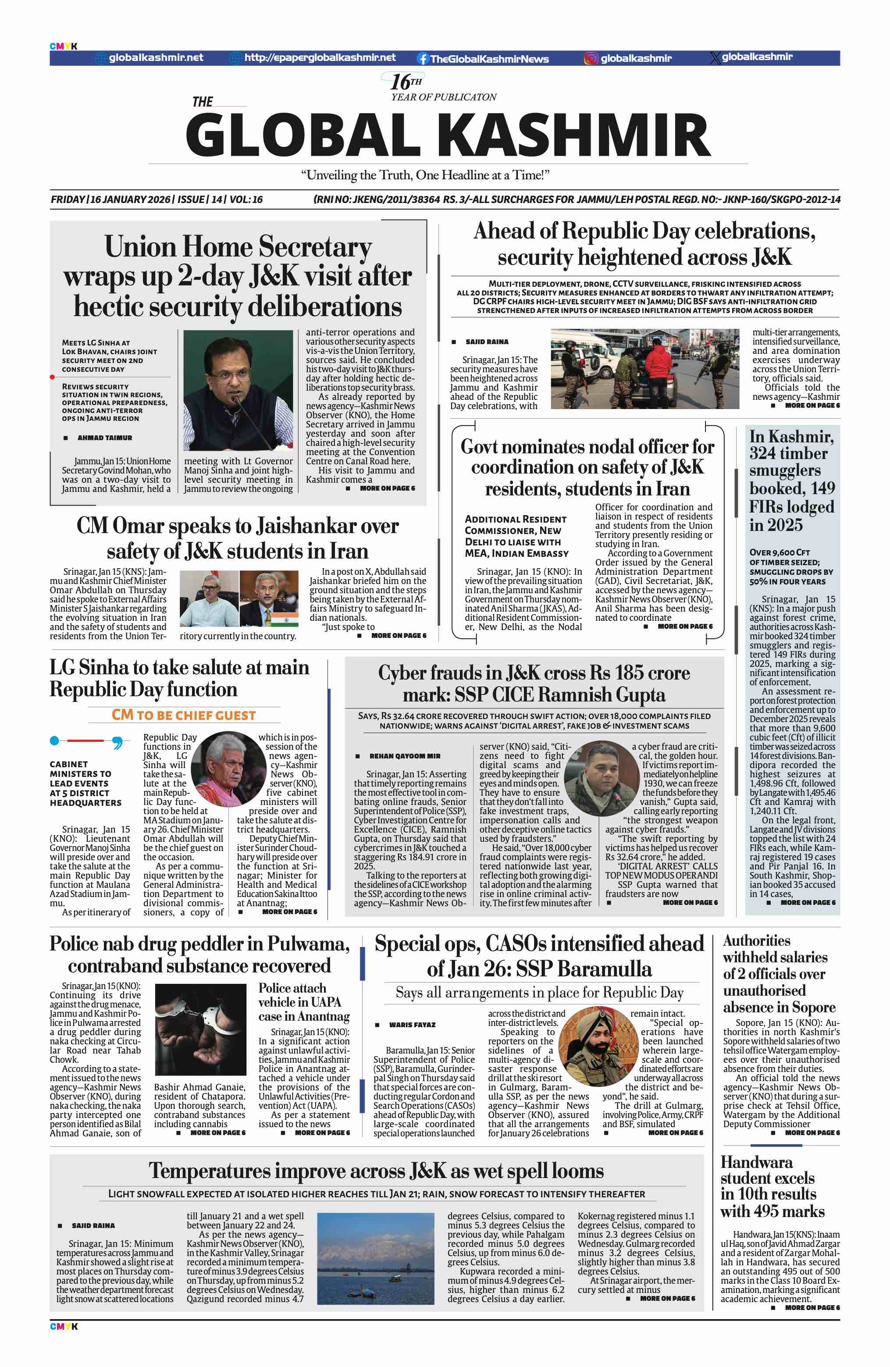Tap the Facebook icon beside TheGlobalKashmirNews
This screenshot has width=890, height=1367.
[423, 58]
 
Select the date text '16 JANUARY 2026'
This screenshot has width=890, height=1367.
[130, 199]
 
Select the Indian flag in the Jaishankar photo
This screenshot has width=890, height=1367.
[285, 619]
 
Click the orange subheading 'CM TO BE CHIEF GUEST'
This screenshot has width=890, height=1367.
[183, 715]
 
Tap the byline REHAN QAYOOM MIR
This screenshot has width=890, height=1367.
[405, 756]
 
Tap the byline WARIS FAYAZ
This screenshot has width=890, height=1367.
[412, 1025]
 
